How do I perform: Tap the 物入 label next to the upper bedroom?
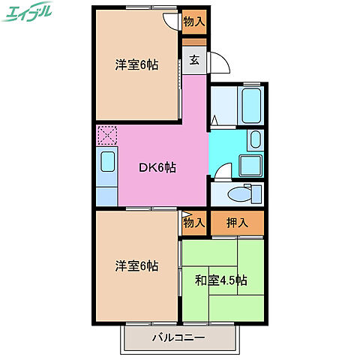(193, 22)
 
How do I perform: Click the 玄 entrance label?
(193, 61)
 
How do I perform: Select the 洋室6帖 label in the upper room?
(136, 64)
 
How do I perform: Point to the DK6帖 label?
(157, 168)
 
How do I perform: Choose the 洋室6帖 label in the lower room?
(136, 265)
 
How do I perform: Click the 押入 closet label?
(237, 223)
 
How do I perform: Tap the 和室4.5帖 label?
(221, 280)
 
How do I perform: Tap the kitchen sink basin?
(107, 162)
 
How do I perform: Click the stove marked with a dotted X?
(107, 136)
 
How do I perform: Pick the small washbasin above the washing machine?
(256, 139)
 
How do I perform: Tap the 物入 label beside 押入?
(193, 223)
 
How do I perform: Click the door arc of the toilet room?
(222, 172)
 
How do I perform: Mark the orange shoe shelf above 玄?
(193, 43)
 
